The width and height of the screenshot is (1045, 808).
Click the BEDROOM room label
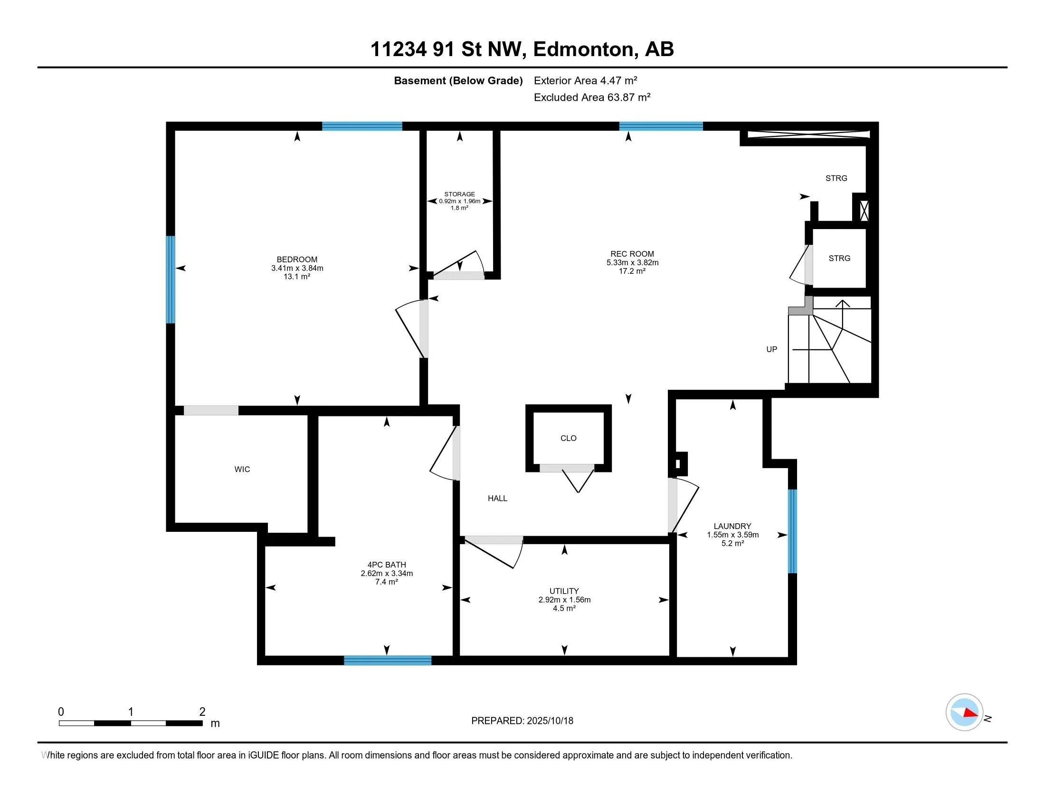(x=297, y=260)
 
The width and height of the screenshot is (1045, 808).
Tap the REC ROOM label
(x=632, y=254)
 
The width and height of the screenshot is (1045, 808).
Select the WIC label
(x=242, y=469)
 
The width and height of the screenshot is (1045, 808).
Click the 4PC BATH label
(x=387, y=565)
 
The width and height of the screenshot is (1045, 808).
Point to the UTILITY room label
(x=564, y=591)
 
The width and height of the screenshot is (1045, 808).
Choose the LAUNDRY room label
(x=732, y=526)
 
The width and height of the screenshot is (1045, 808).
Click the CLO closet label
(x=569, y=438)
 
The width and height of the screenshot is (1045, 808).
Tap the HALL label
(x=498, y=498)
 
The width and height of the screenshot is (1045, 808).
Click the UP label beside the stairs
(x=772, y=349)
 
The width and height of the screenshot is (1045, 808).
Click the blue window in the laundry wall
(x=792, y=531)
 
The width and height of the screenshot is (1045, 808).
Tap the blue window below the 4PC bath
(x=388, y=661)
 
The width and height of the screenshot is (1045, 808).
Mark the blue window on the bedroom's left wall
(x=171, y=279)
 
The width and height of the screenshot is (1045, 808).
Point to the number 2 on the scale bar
(x=202, y=712)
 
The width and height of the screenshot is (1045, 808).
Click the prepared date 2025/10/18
(x=549, y=721)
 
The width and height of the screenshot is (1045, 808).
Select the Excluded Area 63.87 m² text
(x=592, y=97)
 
